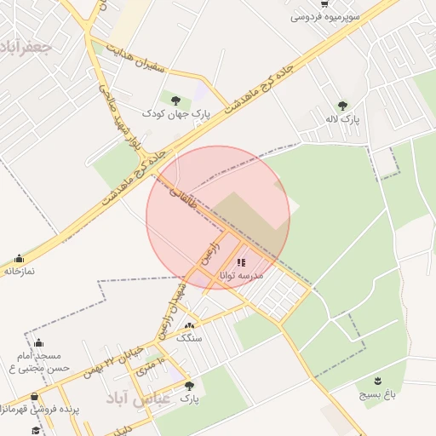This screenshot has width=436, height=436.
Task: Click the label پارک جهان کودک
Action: coord(175,112)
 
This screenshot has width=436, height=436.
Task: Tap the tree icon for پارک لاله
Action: coord(342,106)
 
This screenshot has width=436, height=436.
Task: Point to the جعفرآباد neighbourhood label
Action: coord(28,45)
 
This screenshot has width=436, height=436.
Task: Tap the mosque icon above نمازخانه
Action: coord(19,258)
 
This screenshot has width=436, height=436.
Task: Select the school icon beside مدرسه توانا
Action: coord(241,262)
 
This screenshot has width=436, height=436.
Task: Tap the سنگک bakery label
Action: coord(189,337)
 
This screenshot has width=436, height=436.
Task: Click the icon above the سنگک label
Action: coord(189,325)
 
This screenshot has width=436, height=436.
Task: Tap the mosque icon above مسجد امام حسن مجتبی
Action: coord(37,343)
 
